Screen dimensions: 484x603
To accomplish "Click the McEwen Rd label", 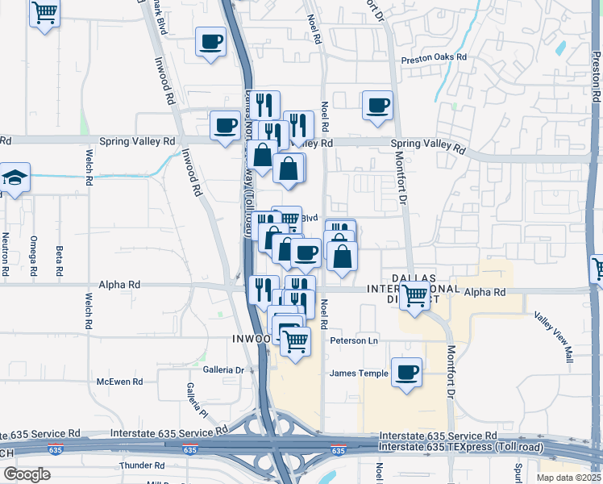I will tap(119, 382).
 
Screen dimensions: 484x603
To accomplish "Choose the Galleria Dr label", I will tap(222, 369).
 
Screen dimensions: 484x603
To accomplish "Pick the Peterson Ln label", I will tap(354, 341).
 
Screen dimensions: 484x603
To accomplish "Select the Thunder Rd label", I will tap(141, 465).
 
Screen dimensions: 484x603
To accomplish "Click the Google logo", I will tap(27, 474).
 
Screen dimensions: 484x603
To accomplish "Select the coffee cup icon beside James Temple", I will tap(406, 372).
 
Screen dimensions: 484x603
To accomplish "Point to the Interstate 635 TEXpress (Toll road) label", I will tap(461, 447).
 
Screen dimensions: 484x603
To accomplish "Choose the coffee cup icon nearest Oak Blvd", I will tap(210, 40).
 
